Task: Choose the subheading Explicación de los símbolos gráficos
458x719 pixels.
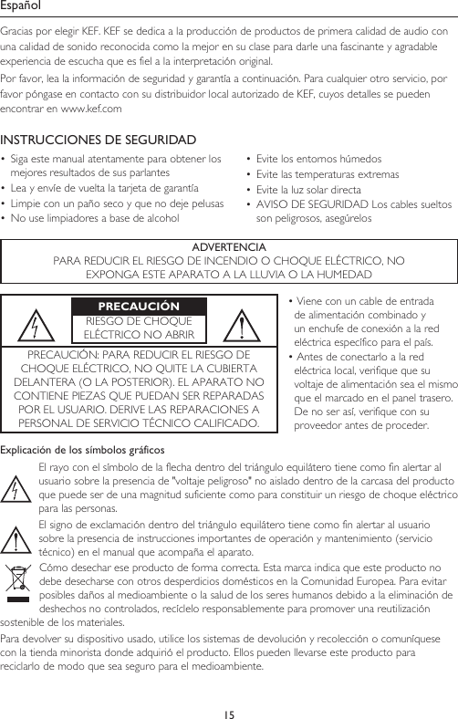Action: tap(82, 450)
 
